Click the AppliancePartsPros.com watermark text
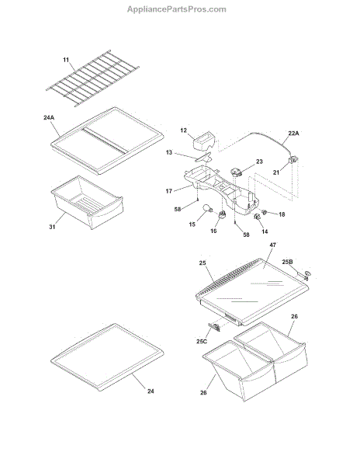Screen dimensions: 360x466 pyautogui.click(x=177, y=9)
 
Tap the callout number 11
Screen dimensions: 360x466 pyautogui.click(x=66, y=60)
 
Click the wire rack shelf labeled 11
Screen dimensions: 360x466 pyautogui.click(x=92, y=78)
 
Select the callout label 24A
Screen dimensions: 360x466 pyautogui.click(x=49, y=118)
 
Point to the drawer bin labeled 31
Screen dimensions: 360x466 pyautogui.click(x=87, y=202)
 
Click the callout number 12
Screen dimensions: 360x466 pyautogui.click(x=183, y=130)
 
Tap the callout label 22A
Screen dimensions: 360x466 pyautogui.click(x=293, y=133)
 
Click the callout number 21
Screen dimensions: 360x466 pyautogui.click(x=276, y=172)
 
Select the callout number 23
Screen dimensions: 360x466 pyautogui.click(x=259, y=162)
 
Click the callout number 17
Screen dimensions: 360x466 pyautogui.click(x=169, y=191)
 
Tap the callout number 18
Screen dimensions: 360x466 pyautogui.click(x=282, y=214)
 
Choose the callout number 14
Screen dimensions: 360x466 pyautogui.click(x=265, y=231)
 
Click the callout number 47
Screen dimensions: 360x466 pyautogui.click(x=273, y=245)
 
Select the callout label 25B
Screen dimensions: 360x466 pyautogui.click(x=287, y=262)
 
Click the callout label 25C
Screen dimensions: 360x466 pyautogui.click(x=202, y=341)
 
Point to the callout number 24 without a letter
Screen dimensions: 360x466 pyautogui.click(x=151, y=391)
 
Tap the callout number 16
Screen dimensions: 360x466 pyautogui.click(x=213, y=231)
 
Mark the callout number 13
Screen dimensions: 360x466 pyautogui.click(x=169, y=152)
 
